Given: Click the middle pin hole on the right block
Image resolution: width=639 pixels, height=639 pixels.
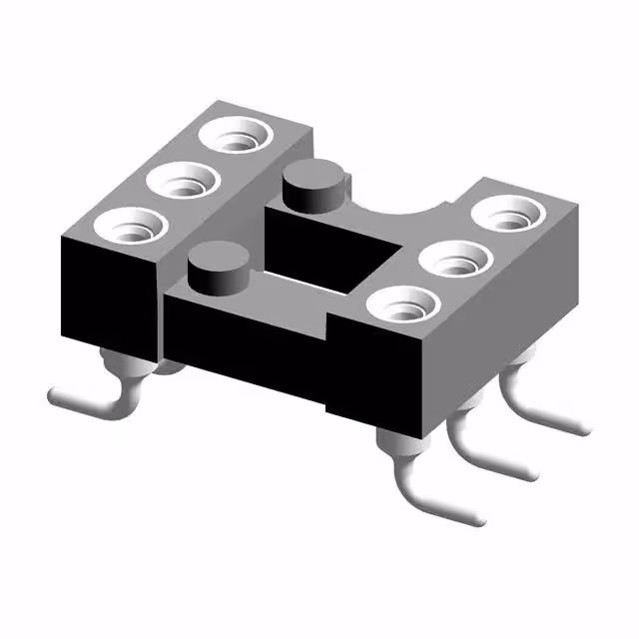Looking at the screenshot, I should tap(457, 259).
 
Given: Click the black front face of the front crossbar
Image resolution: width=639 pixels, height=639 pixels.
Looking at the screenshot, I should tap(245, 344).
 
